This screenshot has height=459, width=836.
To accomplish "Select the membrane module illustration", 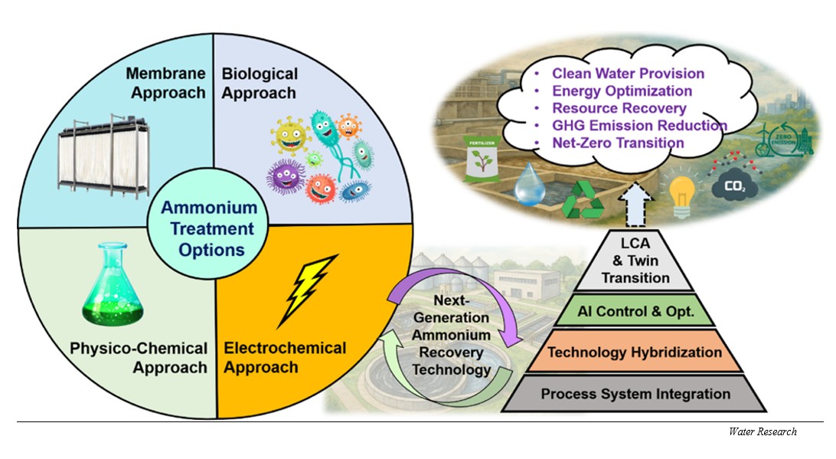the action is point(103,156).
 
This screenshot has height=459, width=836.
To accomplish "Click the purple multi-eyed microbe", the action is point(286,177).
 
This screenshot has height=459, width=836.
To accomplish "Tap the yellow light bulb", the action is point(681,195).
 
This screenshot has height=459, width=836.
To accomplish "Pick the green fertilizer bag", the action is point(482,159).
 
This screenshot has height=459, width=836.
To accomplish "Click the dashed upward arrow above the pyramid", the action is point(635,205).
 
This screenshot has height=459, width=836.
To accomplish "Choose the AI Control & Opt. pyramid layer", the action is point(635,310).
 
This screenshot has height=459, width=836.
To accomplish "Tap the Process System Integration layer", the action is point(635,393).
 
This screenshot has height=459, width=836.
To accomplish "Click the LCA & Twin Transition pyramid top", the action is point(635,261).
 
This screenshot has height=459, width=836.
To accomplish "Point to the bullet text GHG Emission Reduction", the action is point(639,126).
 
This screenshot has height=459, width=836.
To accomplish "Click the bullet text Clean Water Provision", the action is point(628,74).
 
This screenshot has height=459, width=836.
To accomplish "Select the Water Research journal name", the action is point(763,431).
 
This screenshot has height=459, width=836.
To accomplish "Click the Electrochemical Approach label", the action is point(285,358).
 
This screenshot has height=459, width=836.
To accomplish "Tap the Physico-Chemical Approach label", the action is point(139,358).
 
